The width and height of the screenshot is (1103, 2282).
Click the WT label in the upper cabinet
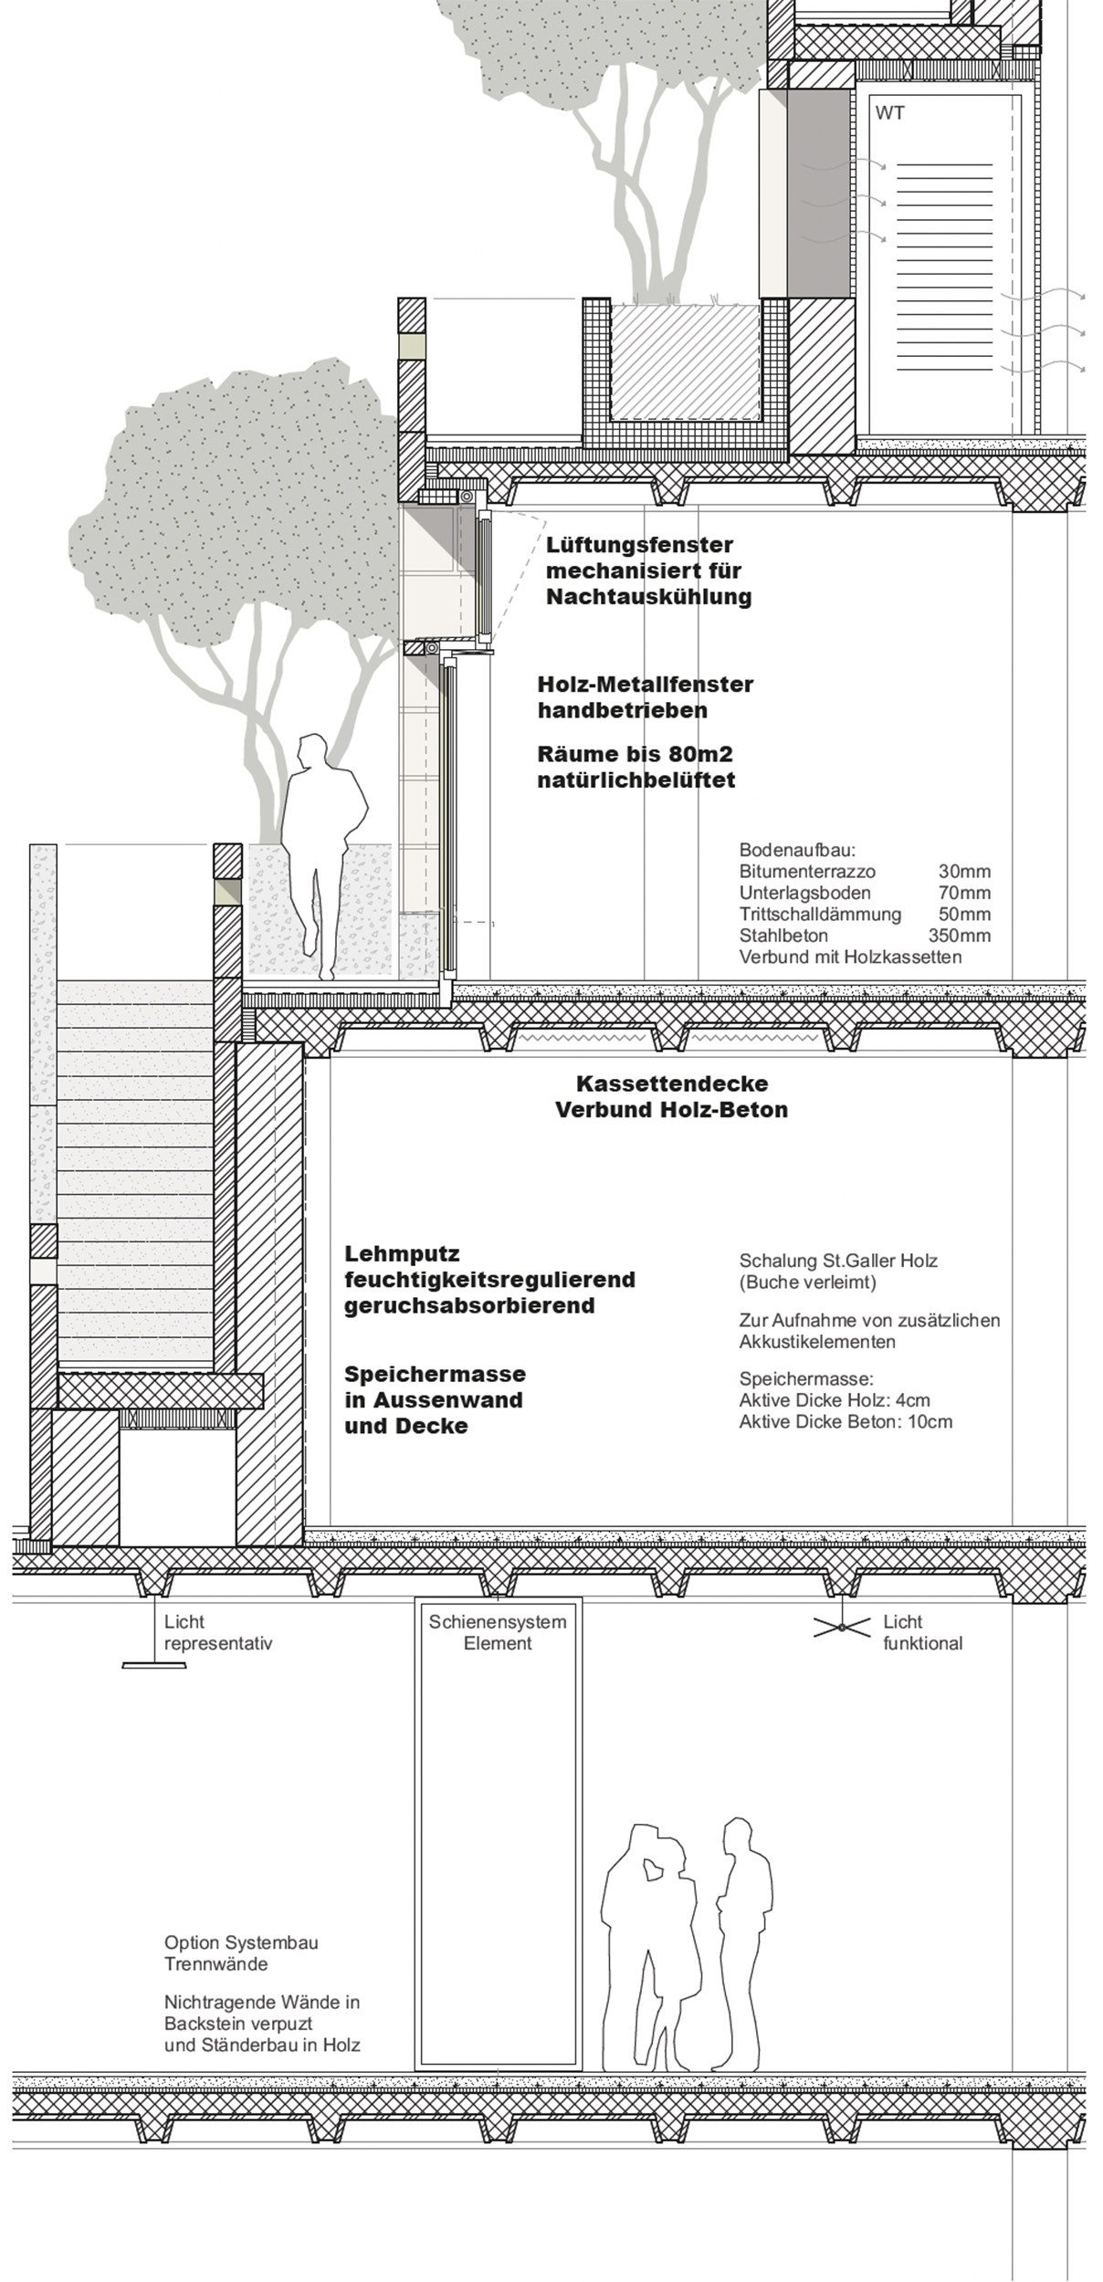(x=889, y=113)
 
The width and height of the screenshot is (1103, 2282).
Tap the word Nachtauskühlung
(x=648, y=597)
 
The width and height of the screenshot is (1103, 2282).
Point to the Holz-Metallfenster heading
(x=645, y=684)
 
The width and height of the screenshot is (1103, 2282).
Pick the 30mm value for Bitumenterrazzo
(x=964, y=872)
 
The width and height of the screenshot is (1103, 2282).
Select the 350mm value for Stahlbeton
(x=959, y=936)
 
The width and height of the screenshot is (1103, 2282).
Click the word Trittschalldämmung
(x=820, y=915)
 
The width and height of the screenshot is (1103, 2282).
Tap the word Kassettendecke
(x=671, y=1084)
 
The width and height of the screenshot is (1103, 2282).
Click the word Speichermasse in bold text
(x=435, y=1374)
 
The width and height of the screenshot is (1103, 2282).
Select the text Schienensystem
(x=498, y=1622)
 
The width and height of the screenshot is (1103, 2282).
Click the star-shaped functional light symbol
(x=839, y=1628)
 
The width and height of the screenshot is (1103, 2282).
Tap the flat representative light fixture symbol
(x=153, y=1665)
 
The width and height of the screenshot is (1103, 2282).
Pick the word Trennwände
(x=203, y=1963)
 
